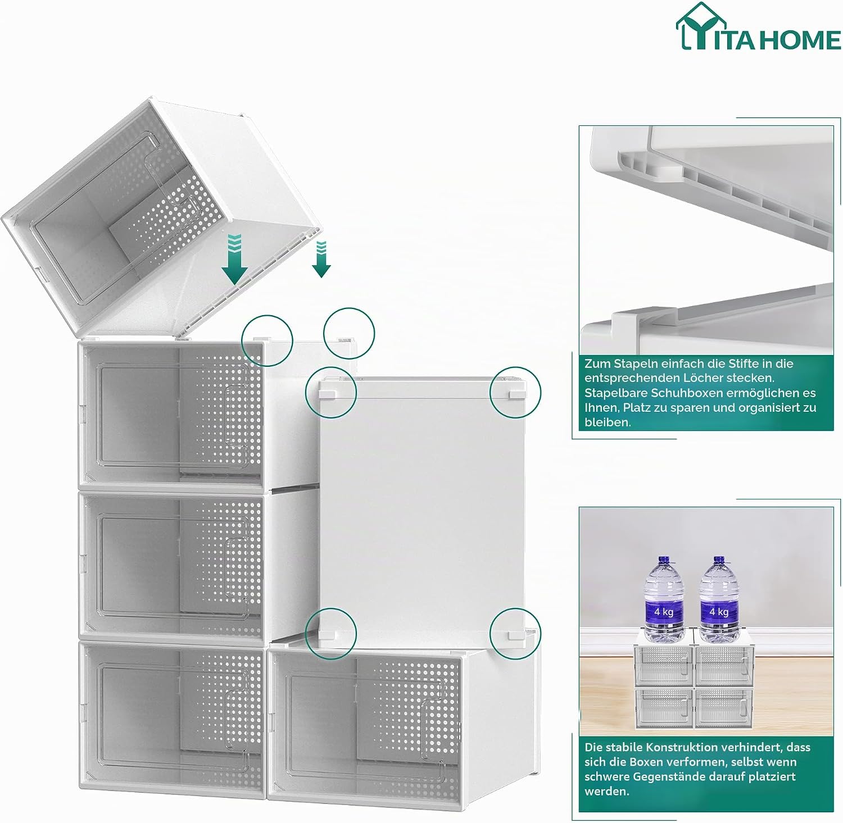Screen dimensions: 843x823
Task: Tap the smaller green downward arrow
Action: coord(321,259)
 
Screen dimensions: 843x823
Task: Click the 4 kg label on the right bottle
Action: coord(719,611)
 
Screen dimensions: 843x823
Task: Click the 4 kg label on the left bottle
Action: coord(664,611)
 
